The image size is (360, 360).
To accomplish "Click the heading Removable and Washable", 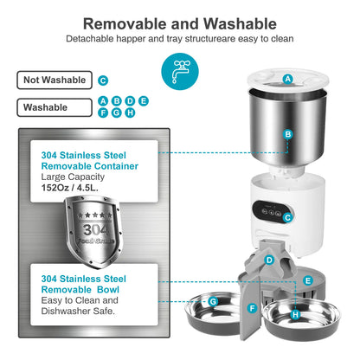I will pos(179,22).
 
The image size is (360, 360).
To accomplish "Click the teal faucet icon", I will pos(179,74).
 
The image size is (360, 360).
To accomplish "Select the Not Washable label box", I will pos(55,80).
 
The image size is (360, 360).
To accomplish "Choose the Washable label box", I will pos(55,109).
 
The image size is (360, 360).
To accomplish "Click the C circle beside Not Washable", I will pos(103,80).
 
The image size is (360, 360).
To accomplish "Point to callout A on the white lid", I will pos(287,79).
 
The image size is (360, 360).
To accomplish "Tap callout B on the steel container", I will pos(288,134).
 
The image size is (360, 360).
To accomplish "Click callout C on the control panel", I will pos(286,218).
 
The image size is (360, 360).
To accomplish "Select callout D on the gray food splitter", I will pos(269,260).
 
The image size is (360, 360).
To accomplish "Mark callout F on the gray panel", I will pos(252,308).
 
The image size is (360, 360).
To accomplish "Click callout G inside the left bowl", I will pos(212,301).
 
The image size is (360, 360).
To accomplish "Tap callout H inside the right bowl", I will pos(295,316).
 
